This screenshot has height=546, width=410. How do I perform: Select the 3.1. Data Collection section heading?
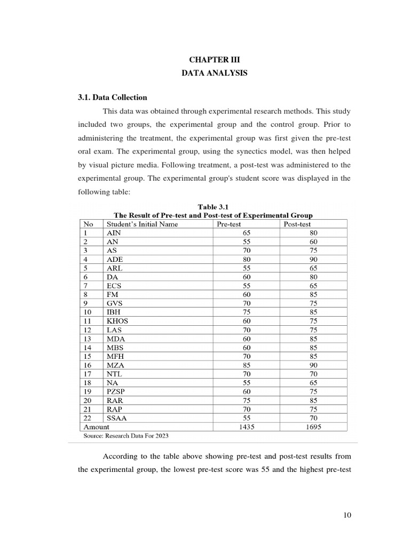(x=112, y=98)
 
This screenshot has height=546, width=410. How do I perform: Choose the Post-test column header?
(x=297, y=224)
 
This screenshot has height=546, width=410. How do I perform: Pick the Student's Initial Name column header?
(x=143, y=224)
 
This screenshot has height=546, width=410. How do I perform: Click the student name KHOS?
(x=117, y=321)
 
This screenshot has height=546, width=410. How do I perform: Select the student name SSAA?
(x=117, y=418)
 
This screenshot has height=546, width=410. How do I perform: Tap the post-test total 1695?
(x=313, y=427)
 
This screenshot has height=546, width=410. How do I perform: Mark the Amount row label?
(x=97, y=427)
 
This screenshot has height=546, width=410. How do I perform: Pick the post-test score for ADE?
(x=313, y=259)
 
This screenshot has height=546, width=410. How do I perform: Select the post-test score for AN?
(x=313, y=242)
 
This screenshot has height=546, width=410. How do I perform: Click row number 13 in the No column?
(x=87, y=338)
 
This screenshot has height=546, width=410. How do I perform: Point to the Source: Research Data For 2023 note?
(x=126, y=436)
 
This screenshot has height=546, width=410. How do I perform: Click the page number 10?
(x=347, y=515)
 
